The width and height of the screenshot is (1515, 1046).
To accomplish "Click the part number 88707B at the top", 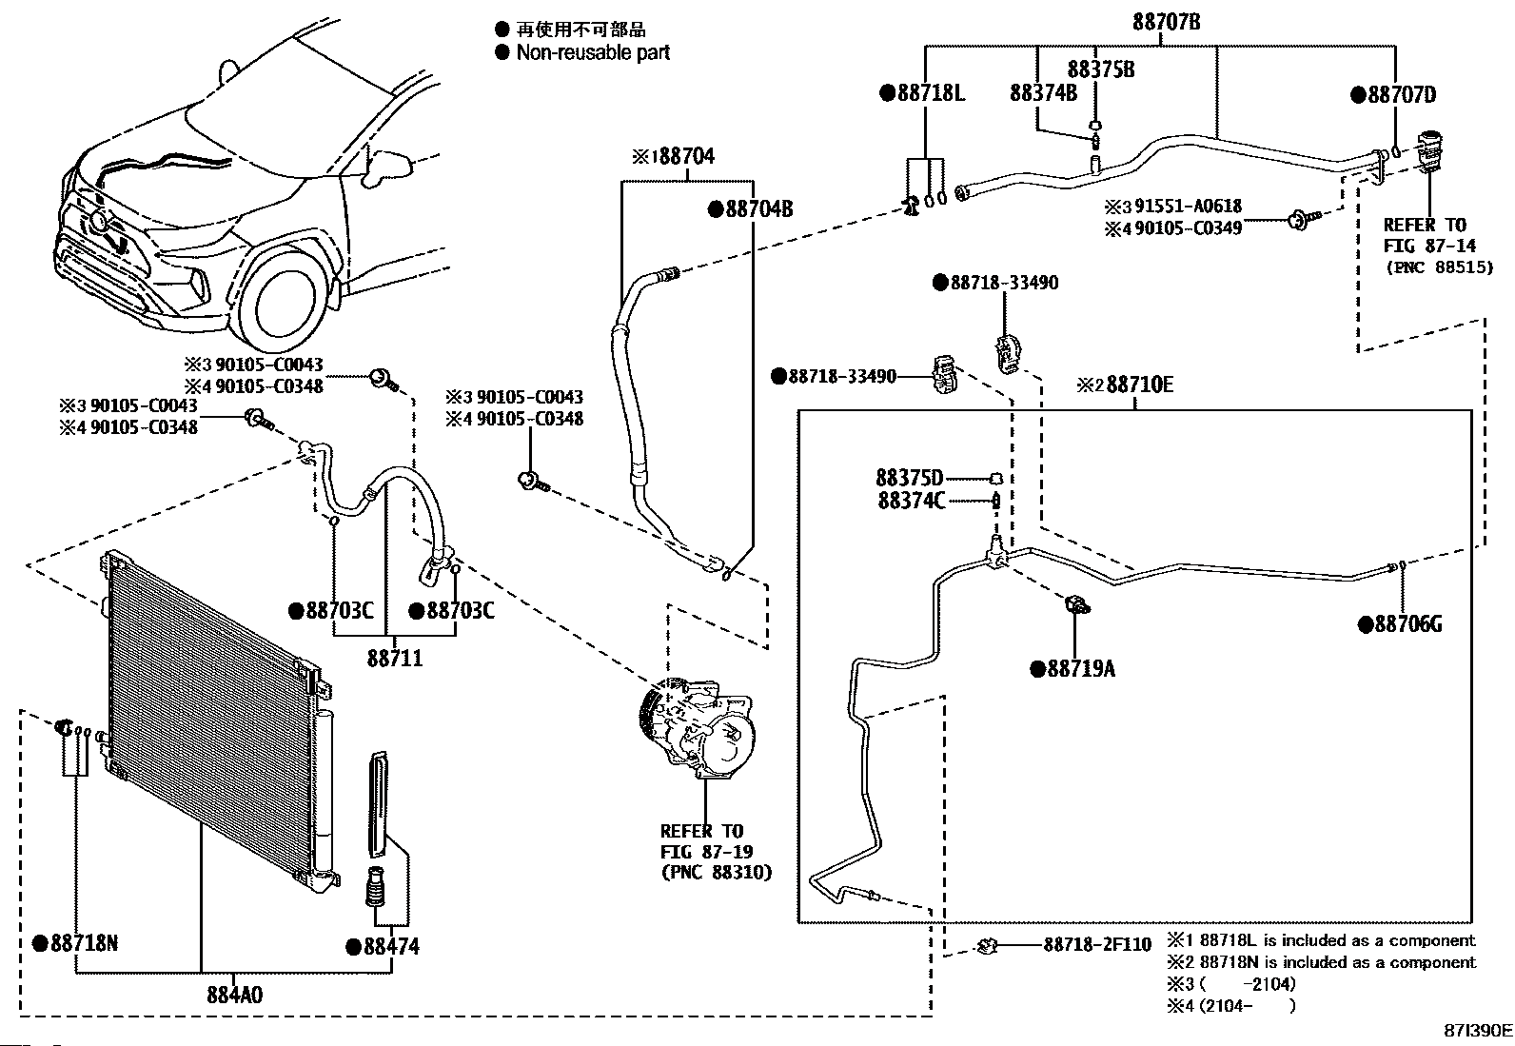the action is [x=1167, y=22].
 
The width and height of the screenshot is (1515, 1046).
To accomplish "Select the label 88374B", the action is [x=1044, y=92].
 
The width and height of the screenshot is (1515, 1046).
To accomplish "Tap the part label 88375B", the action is [x=1101, y=69].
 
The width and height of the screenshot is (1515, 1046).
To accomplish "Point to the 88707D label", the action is [x=1402, y=95].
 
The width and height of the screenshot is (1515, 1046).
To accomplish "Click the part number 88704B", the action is [x=758, y=209].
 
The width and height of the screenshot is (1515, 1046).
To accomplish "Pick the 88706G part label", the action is [x=1408, y=623].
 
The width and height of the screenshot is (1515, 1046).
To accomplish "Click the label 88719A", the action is [x=1081, y=669].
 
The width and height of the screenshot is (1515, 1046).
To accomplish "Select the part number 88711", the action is [x=395, y=658].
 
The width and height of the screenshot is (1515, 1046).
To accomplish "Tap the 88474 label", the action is [x=392, y=947].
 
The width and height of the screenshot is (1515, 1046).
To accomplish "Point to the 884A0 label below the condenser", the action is [x=235, y=996].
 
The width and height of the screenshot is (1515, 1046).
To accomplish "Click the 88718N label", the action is [x=84, y=942].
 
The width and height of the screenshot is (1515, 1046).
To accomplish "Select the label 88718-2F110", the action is [x=1097, y=944].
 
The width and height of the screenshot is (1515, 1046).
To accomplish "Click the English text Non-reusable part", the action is [x=593, y=52].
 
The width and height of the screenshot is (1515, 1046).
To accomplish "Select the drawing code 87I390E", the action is [x=1478, y=1031].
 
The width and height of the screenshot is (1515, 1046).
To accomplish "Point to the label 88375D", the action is [x=909, y=479].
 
